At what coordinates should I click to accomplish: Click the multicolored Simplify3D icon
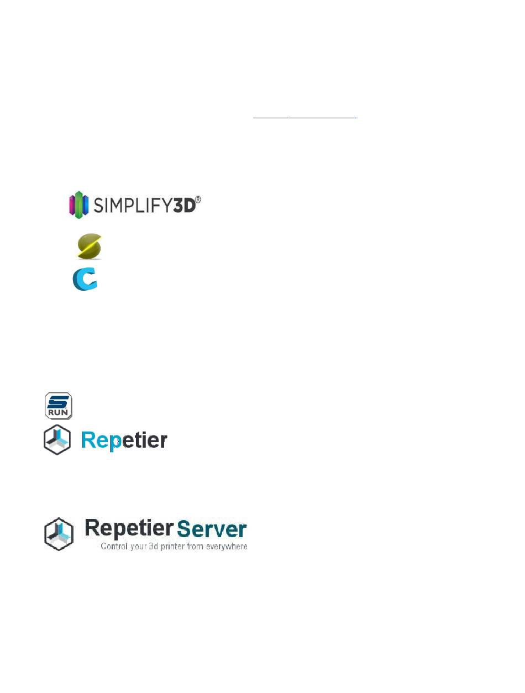(x=78, y=204)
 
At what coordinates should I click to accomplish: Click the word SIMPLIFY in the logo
(x=133, y=206)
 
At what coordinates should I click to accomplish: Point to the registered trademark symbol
(x=198, y=200)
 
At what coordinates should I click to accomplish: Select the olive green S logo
(x=90, y=246)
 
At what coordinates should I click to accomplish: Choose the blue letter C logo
(x=85, y=279)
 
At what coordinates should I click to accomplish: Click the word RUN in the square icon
(x=58, y=412)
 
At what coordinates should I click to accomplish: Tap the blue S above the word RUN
(x=58, y=402)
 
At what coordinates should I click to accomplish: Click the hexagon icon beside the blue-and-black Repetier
(x=57, y=440)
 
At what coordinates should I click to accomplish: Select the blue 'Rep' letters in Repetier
(x=101, y=440)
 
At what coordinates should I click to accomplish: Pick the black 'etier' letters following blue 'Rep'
(x=144, y=440)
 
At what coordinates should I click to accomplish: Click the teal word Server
(x=212, y=529)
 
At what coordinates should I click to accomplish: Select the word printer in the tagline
(x=172, y=547)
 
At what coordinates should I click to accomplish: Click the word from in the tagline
(x=195, y=546)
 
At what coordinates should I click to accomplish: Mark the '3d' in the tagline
(x=153, y=546)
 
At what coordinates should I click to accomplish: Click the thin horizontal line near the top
(x=305, y=118)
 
